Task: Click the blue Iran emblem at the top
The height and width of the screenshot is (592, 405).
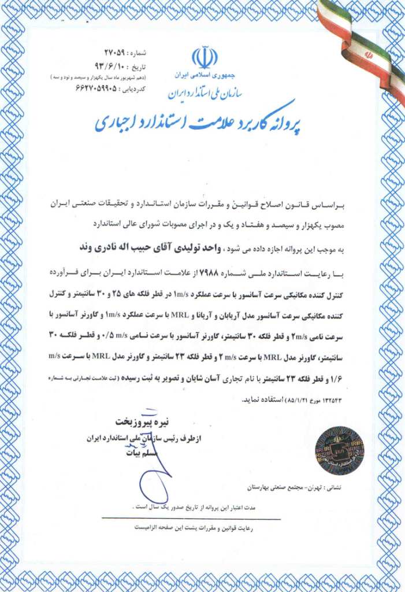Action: pyautogui.click(x=205, y=57)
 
